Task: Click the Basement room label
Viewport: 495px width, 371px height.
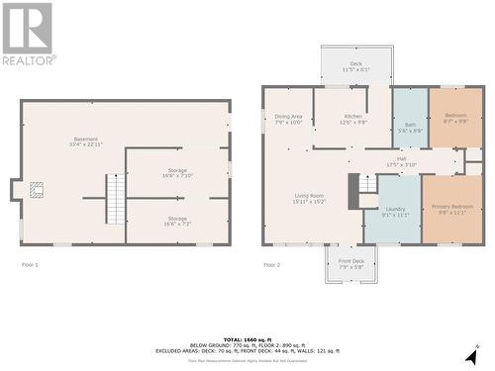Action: tap(84, 140)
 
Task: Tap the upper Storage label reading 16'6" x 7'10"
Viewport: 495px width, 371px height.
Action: tap(177, 172)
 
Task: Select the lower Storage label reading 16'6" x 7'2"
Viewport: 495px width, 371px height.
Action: tap(177, 220)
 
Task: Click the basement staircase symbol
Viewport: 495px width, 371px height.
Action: tap(117, 198)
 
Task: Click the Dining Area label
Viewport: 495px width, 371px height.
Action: tap(288, 119)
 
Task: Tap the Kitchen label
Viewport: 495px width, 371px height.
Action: tap(353, 119)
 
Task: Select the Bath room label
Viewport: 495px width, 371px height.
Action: tap(410, 128)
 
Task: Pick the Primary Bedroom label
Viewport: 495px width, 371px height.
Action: tap(453, 209)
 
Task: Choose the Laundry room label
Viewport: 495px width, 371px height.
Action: tap(395, 211)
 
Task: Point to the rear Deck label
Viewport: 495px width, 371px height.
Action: tap(355, 66)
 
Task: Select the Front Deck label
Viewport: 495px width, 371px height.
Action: tap(351, 264)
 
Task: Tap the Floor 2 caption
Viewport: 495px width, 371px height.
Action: tap(272, 265)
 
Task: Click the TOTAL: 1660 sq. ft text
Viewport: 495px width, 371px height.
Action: tap(247, 339)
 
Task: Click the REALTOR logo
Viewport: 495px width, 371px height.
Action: tap(27, 34)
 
